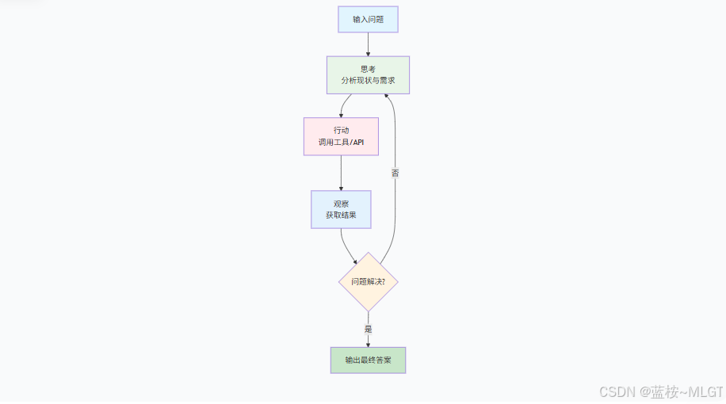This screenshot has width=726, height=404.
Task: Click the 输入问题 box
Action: [x=368, y=19]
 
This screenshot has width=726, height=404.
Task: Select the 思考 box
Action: [x=368, y=75]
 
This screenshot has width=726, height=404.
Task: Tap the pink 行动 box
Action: [x=341, y=136]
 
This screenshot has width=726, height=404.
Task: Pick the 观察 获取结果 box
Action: [x=341, y=209]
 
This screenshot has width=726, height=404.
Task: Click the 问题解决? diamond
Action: [x=368, y=281]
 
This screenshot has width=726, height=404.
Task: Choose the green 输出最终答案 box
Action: [x=368, y=360]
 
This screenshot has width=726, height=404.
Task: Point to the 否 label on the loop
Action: [x=395, y=172]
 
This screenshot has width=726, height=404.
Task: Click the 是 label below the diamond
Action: [x=368, y=329]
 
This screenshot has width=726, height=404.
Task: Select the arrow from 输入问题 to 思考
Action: [x=368, y=44]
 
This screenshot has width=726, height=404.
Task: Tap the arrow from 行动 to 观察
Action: [x=341, y=173]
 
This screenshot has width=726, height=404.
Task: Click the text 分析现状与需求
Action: [x=368, y=81]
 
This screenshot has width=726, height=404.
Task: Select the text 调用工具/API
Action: [x=341, y=143]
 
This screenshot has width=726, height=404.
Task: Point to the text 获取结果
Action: [x=341, y=215]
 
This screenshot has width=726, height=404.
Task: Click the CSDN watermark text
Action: [x=661, y=391]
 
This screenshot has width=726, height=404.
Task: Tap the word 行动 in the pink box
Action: [x=341, y=129]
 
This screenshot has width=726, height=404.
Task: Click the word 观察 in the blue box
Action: [x=341, y=203]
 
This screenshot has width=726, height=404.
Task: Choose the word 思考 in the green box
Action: [x=368, y=68]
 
